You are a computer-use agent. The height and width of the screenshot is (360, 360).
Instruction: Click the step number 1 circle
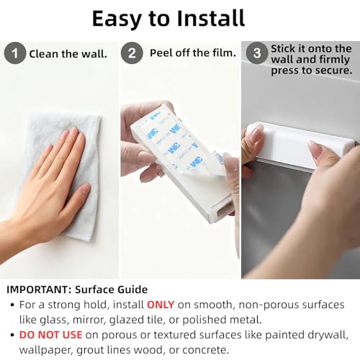(15, 53)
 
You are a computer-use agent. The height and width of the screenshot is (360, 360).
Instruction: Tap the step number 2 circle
(132, 53)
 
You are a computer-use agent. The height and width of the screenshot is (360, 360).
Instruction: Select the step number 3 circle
(257, 53)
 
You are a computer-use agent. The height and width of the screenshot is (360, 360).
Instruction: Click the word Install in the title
(210, 19)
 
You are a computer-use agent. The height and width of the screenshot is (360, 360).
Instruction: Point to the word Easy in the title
(117, 19)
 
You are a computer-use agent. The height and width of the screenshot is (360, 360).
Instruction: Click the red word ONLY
(161, 305)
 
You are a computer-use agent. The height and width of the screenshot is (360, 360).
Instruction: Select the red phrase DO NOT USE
(50, 335)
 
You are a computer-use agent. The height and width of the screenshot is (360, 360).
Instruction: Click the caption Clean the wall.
(68, 54)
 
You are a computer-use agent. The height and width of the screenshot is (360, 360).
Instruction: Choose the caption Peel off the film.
(193, 53)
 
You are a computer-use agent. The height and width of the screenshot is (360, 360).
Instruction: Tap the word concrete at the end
(205, 350)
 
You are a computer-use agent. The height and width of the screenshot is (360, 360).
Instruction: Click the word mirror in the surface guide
(88, 320)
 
